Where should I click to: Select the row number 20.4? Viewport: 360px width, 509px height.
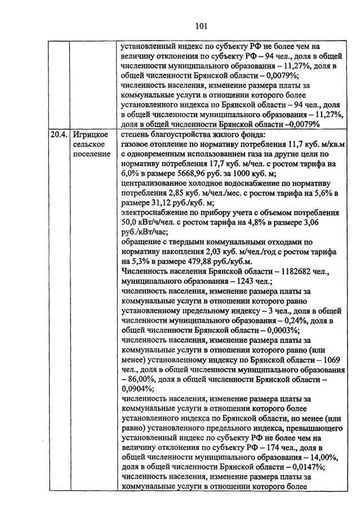[57, 135]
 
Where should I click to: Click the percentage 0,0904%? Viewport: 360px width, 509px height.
[138, 387]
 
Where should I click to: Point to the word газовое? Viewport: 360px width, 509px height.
[135, 144]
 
